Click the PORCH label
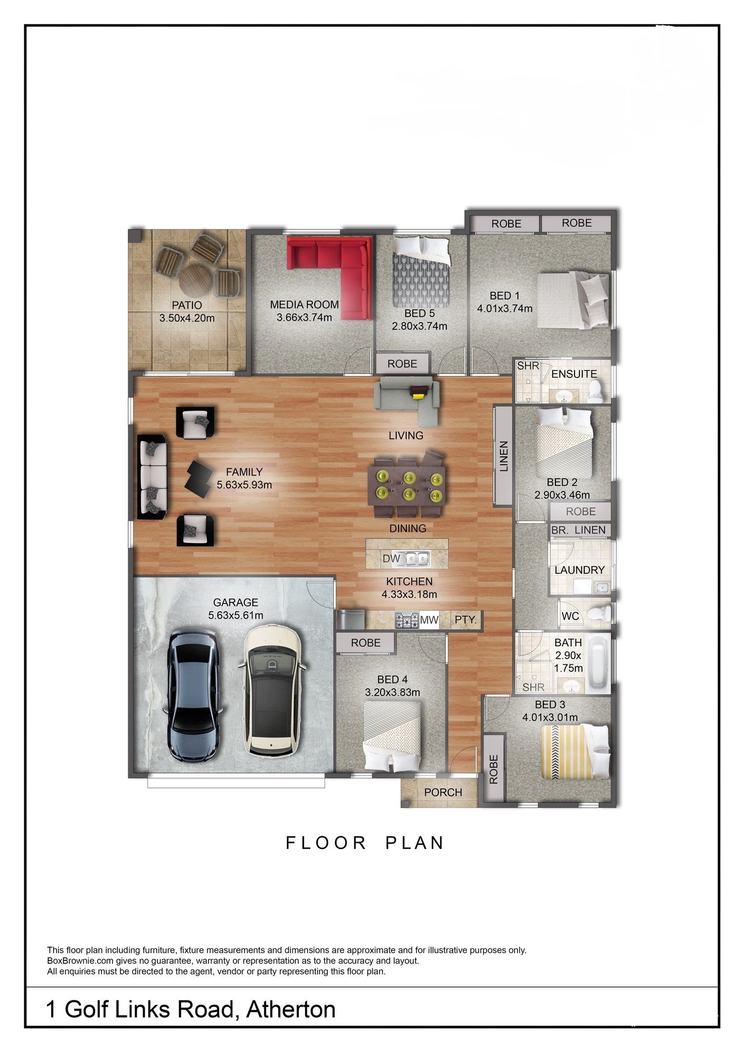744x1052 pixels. tap(443, 792)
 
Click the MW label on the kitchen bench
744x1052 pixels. tap(429, 620)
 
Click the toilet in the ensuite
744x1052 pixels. tap(594, 391)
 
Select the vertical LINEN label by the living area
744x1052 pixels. tap(504, 456)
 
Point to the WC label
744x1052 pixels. tap(570, 616)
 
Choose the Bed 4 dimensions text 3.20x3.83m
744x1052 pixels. tap(392, 692)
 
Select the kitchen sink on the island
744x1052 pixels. tap(415, 558)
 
